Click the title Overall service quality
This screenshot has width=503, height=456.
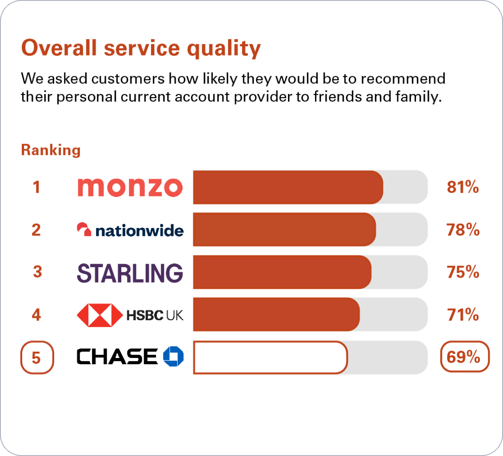point(140,48)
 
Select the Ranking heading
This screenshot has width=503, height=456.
point(51,150)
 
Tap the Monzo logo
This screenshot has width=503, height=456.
point(130,187)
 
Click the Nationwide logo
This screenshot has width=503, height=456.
point(130,230)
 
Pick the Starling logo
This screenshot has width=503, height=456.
point(130,272)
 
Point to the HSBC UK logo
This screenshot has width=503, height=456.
point(130,315)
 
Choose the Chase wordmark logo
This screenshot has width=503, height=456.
point(117,357)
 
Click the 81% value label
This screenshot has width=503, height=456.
point(463,187)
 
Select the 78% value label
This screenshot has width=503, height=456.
point(463,230)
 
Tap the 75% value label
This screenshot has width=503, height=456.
point(463,272)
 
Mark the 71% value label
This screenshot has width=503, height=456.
point(463,315)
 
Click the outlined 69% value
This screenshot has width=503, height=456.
point(464,357)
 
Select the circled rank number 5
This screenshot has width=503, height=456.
point(37,357)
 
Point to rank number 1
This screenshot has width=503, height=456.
point(36,187)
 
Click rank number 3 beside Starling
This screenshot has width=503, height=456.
point(37,272)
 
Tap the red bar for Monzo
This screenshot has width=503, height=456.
point(287,187)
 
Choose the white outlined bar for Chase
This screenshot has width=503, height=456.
point(270,357)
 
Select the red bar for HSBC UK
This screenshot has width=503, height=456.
point(276,314)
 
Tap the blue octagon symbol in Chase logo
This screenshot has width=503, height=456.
point(173,356)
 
